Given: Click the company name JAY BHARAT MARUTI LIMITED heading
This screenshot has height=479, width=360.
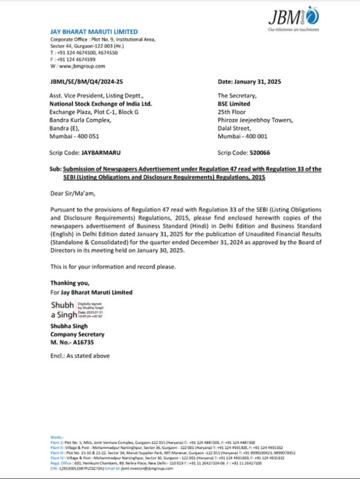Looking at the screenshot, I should [94, 32].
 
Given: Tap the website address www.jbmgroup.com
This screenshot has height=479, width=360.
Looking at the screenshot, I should [80, 66].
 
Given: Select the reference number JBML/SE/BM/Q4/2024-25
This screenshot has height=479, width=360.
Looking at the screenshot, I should [86, 81].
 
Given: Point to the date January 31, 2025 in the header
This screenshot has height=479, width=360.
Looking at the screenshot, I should [249, 81].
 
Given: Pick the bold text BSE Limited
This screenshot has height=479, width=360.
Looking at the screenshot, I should [234, 104].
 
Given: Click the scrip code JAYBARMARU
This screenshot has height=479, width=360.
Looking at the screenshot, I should [101, 153].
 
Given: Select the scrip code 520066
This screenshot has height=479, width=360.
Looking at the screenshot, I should [259, 153].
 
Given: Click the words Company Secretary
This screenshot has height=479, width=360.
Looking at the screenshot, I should [77, 334].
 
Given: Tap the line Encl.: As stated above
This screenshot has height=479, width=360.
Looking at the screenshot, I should [80, 356].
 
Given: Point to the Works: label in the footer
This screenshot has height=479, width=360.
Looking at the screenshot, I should [57, 437].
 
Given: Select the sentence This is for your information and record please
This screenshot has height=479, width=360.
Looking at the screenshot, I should [112, 266].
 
